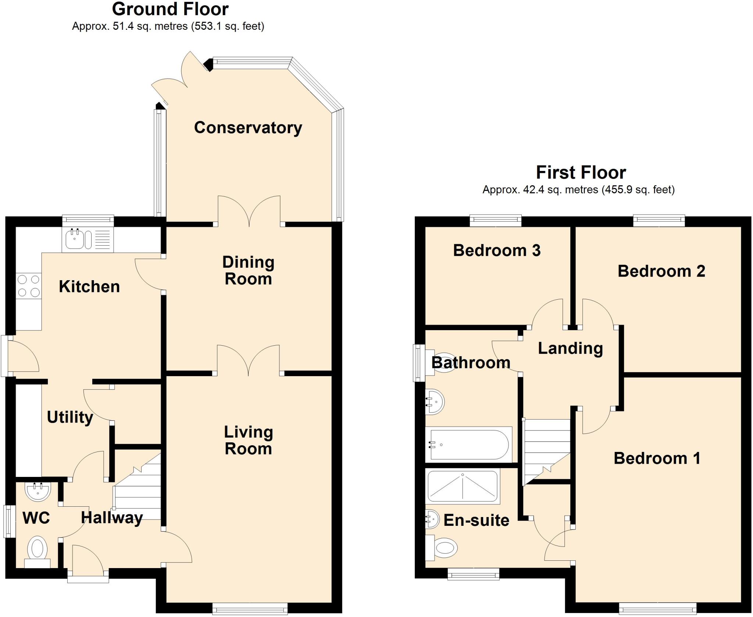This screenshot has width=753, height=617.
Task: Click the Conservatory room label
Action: click(248, 128)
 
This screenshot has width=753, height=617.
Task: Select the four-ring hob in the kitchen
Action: click(29, 286)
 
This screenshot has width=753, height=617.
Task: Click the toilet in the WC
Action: click(38, 550)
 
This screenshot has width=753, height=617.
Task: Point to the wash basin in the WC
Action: click(38, 491)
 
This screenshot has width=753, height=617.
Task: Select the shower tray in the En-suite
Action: click(463, 487)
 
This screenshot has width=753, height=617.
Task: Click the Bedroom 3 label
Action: click(496, 250)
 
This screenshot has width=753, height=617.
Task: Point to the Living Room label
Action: click(248, 440)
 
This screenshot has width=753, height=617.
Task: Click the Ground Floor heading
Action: click(170, 9)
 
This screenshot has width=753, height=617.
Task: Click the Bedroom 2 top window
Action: click(659, 220)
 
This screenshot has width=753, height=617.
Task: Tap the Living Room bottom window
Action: click(250, 609)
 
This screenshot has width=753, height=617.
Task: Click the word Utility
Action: click(70, 417)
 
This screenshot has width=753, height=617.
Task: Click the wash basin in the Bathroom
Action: click(435, 402)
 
